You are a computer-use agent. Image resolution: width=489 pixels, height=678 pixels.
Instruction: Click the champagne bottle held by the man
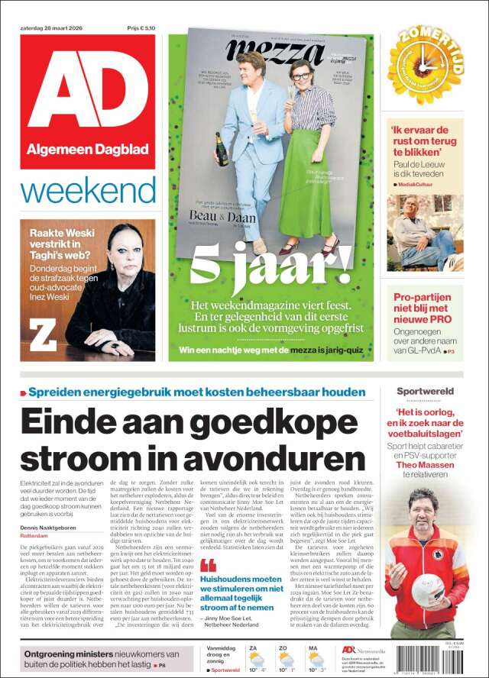[222, 148]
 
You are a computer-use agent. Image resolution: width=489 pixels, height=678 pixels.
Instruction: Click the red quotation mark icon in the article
[208, 566]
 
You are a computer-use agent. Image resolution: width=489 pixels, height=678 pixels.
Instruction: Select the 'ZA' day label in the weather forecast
[253, 647]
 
